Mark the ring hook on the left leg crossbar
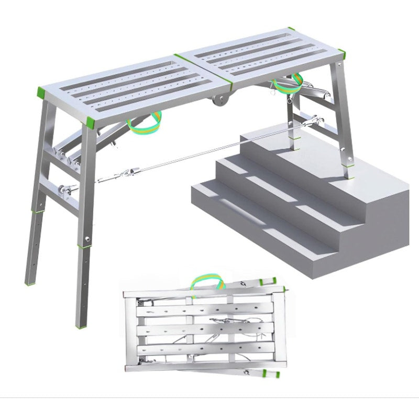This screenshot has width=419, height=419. click(65, 189)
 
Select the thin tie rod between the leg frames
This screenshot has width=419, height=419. click(210, 152)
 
